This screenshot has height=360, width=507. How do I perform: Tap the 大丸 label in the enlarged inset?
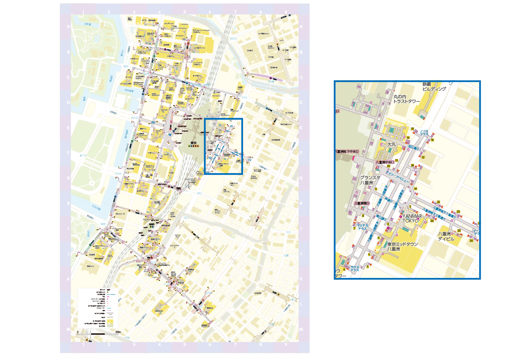(391, 144)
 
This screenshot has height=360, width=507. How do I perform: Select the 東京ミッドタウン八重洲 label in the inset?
(402, 247)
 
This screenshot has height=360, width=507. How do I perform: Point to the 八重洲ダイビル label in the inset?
(446, 236)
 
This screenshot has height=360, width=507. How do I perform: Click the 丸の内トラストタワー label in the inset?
(406, 99)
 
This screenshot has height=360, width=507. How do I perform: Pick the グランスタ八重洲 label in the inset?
(370, 180)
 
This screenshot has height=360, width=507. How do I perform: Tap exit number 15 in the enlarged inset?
(412, 129)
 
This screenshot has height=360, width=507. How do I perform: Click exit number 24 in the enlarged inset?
(471, 240)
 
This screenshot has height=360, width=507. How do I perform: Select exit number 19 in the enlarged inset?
(415, 189)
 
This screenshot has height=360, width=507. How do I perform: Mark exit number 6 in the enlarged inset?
(344, 269)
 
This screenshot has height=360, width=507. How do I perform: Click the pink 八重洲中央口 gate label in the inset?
(385, 162)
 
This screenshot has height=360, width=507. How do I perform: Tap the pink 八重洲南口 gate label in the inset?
(362, 203)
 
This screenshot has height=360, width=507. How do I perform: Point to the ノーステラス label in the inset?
(424, 132)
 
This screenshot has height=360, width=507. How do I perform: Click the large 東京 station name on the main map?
(193, 143)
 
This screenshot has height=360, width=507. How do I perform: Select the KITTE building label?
(166, 155)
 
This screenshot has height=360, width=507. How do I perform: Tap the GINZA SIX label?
(159, 311)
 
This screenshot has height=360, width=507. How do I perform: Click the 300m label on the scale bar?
(118, 332)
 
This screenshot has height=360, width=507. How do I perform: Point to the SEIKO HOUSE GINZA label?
(174, 274)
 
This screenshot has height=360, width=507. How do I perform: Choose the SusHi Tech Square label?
(172, 215)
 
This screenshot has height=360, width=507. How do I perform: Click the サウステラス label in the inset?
(355, 269)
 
